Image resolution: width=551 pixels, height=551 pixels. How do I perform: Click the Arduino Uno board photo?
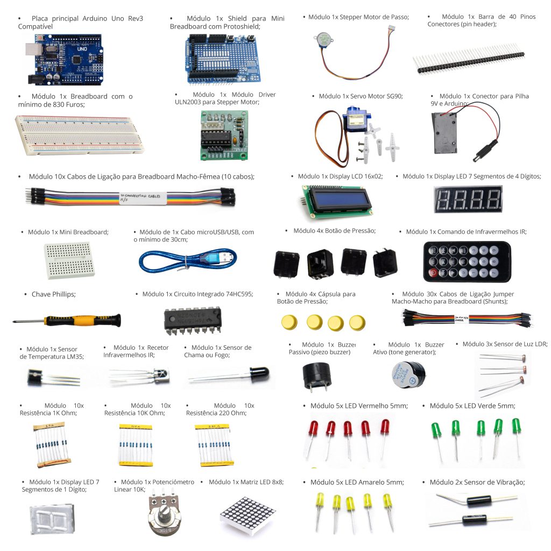click(x=65, y=59)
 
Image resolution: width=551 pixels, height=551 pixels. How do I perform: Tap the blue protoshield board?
click(x=223, y=59)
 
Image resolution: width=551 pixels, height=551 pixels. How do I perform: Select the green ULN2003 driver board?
click(x=224, y=135)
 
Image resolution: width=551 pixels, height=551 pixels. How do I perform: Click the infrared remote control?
click(x=467, y=262)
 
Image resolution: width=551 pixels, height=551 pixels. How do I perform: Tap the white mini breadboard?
click(x=69, y=260)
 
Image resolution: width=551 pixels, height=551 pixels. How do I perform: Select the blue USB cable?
click(x=188, y=262)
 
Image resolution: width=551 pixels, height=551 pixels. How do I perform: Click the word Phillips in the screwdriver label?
click(x=63, y=294)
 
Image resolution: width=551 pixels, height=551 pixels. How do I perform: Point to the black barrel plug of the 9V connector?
click(x=485, y=151)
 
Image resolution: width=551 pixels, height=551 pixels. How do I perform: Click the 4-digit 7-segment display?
click(x=468, y=200)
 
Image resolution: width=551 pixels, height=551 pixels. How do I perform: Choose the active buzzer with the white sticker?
click(x=408, y=375)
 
